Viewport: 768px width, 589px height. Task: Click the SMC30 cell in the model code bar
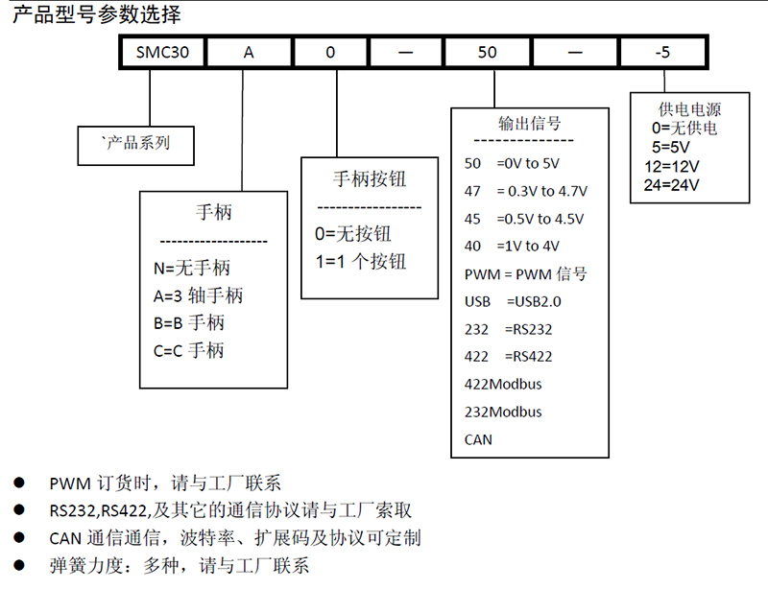pyautogui.click(x=162, y=52)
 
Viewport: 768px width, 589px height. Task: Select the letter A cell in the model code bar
pyautogui.click(x=249, y=52)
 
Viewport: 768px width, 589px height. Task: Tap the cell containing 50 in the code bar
pyautogui.click(x=487, y=52)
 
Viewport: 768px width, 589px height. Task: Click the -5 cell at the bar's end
pyautogui.click(x=662, y=52)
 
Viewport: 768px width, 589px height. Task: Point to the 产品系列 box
pyautogui.click(x=135, y=146)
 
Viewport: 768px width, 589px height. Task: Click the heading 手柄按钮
pyautogui.click(x=370, y=178)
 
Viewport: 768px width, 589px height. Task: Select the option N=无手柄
pyautogui.click(x=191, y=268)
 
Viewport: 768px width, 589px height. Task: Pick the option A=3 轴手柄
pyautogui.click(x=198, y=295)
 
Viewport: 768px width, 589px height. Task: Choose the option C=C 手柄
pyautogui.click(x=188, y=350)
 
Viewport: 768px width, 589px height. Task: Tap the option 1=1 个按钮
pyautogui.click(x=361, y=262)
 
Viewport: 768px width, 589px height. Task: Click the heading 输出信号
pyautogui.click(x=530, y=123)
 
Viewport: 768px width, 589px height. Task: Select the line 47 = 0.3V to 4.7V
pyautogui.click(x=525, y=191)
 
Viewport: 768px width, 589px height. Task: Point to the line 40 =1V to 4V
pyautogui.click(x=512, y=246)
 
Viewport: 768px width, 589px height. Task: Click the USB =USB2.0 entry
pyautogui.click(x=513, y=301)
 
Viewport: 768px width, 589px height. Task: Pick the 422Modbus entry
pyautogui.click(x=503, y=384)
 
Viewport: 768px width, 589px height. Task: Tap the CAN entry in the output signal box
pyautogui.click(x=478, y=439)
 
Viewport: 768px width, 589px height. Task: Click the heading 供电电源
pyautogui.click(x=689, y=108)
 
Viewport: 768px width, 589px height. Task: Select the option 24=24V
pyautogui.click(x=671, y=185)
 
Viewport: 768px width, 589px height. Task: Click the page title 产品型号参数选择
pyautogui.click(x=97, y=14)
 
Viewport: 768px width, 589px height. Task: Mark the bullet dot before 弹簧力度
pyautogui.click(x=19, y=565)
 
